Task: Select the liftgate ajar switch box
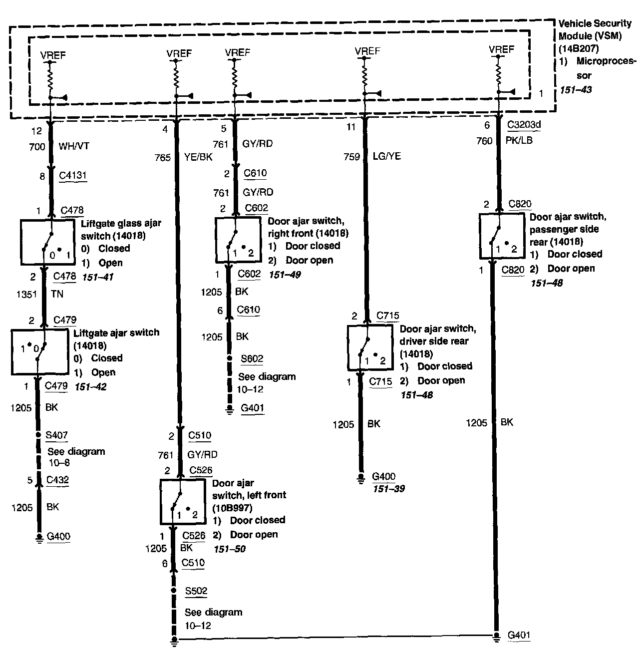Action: [x=39, y=352]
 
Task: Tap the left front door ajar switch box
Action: [x=183, y=502]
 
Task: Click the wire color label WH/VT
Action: [x=73, y=147]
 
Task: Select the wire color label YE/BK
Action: [x=198, y=158]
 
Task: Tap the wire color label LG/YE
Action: [x=386, y=156]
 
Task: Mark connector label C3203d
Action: [x=524, y=125]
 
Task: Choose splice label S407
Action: [x=56, y=435]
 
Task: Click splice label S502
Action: [x=196, y=591]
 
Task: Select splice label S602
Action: [x=252, y=359]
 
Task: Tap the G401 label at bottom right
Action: [x=519, y=636]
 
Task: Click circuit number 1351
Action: [x=26, y=294]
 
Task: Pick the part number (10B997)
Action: [x=232, y=508]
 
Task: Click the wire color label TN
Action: [x=57, y=294]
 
